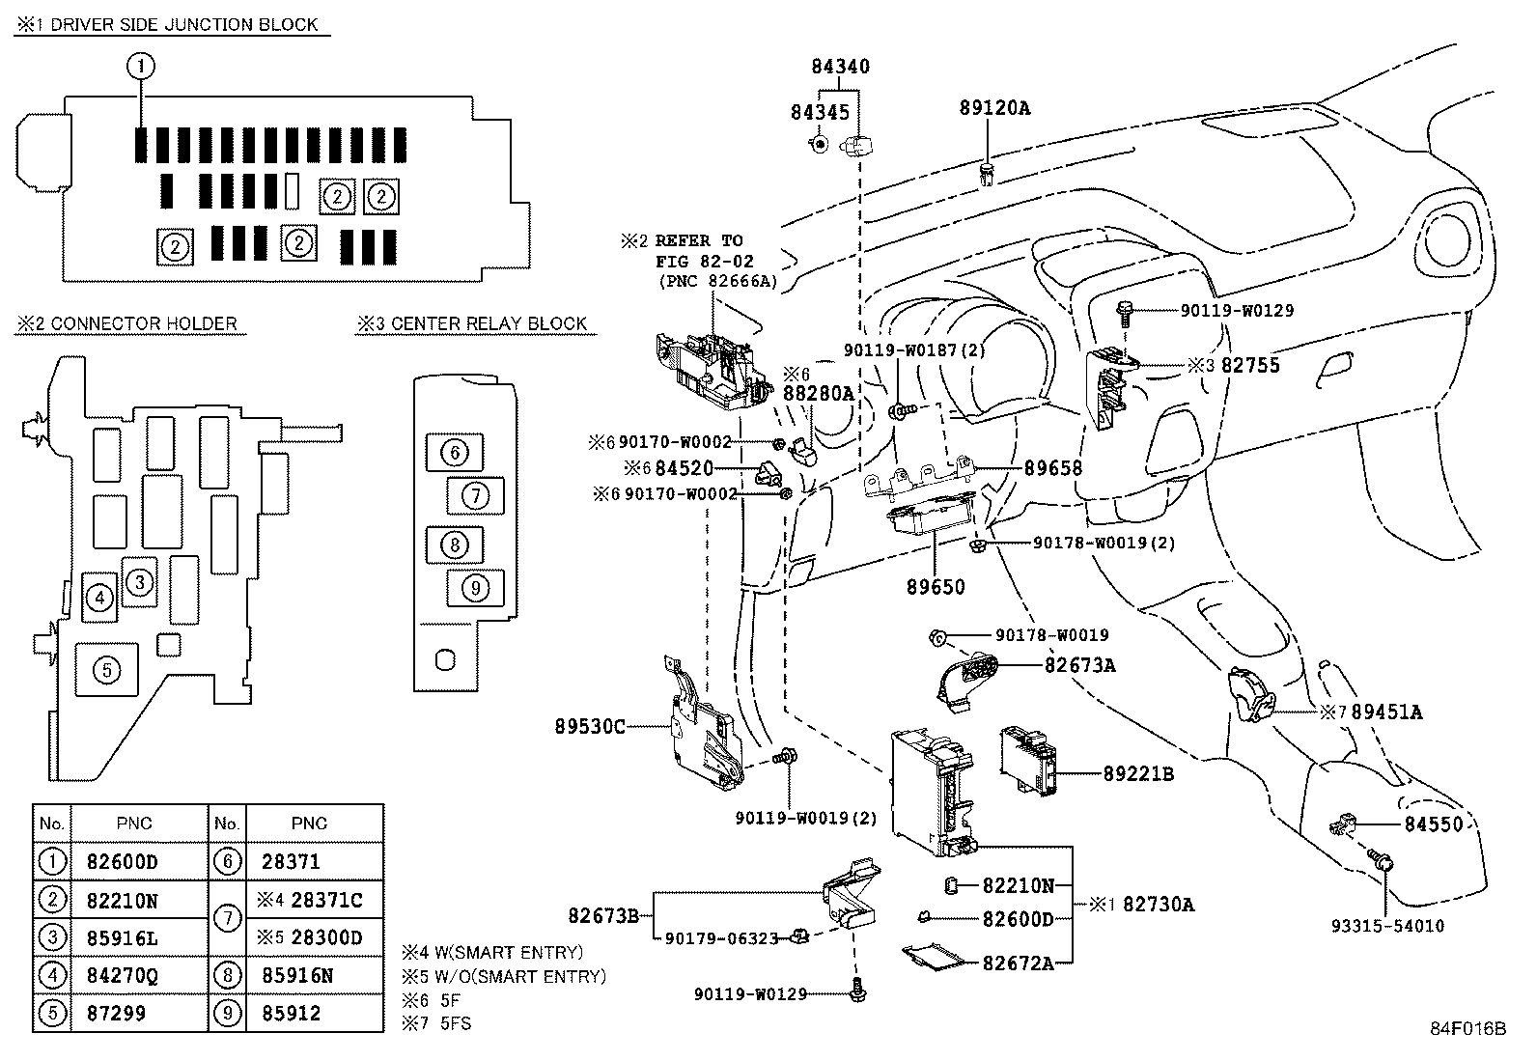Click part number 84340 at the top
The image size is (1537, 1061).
tap(840, 67)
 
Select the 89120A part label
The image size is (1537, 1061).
tap(994, 108)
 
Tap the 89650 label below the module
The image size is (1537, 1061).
tap(936, 587)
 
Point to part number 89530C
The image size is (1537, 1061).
tap(590, 726)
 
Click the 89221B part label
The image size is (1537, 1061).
tap(1139, 773)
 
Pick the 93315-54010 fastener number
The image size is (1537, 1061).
tap(1387, 926)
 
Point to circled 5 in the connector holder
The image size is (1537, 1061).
tap(106, 670)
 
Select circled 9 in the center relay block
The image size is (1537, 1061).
tap(475, 586)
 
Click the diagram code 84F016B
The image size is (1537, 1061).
tap(1467, 1029)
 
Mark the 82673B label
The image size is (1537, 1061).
tap(603, 915)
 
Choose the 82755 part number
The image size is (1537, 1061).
tap(1250, 366)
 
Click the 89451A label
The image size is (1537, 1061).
tap(1386, 712)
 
